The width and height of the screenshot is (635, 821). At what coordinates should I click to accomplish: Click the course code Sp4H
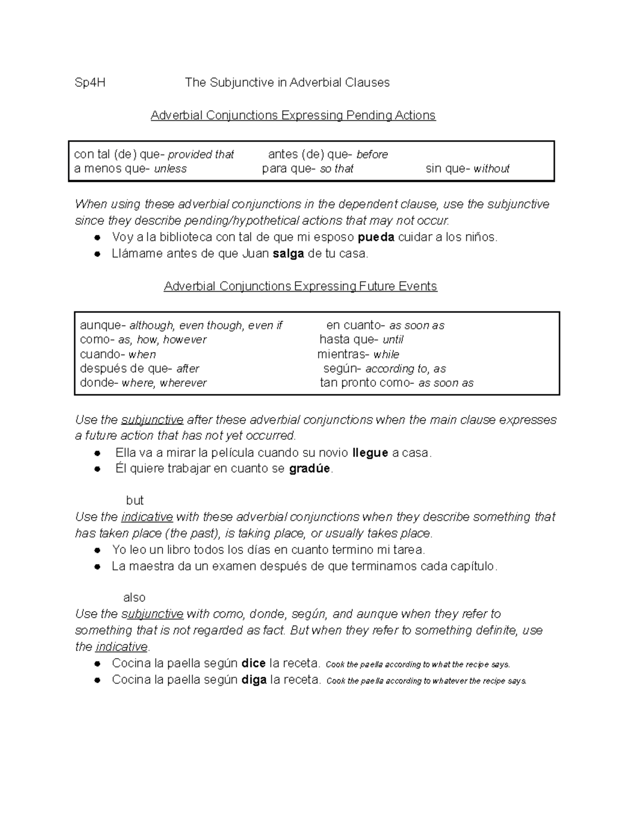pyautogui.click(x=90, y=82)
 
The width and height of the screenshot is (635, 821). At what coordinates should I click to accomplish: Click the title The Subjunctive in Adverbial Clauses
pyautogui.click(x=287, y=82)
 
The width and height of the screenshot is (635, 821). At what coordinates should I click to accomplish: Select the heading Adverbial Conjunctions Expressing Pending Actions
pyautogui.click(x=293, y=115)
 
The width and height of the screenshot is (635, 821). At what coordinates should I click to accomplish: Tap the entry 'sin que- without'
pyautogui.click(x=467, y=169)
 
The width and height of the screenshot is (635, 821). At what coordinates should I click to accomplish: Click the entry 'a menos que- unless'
pyautogui.click(x=130, y=169)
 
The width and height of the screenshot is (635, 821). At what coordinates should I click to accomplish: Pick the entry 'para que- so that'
pyautogui.click(x=307, y=169)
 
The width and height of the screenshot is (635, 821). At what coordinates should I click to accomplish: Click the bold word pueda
pyautogui.click(x=376, y=237)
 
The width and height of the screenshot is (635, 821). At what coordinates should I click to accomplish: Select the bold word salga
pyautogui.click(x=288, y=254)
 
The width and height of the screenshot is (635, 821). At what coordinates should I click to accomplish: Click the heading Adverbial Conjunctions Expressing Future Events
pyautogui.click(x=300, y=287)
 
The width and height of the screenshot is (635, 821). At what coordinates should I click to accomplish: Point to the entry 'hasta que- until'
pyautogui.click(x=361, y=339)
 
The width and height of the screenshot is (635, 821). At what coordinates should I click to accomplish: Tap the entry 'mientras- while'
pyautogui.click(x=358, y=354)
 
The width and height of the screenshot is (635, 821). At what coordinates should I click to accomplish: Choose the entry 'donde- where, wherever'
pyautogui.click(x=143, y=383)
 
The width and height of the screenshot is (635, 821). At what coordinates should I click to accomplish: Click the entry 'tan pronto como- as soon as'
pyautogui.click(x=396, y=383)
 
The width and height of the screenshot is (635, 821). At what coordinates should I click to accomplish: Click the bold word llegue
pyautogui.click(x=370, y=453)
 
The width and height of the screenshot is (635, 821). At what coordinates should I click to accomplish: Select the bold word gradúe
pyautogui.click(x=310, y=469)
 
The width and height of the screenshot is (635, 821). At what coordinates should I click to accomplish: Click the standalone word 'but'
pyautogui.click(x=135, y=500)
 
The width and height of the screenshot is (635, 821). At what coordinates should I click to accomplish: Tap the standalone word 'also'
pyautogui.click(x=134, y=597)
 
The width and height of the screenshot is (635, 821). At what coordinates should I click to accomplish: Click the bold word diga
pyautogui.click(x=253, y=680)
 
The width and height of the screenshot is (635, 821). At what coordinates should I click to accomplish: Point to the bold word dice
pyautogui.click(x=253, y=663)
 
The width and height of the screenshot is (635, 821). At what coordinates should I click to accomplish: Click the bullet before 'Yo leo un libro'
pyautogui.click(x=97, y=550)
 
